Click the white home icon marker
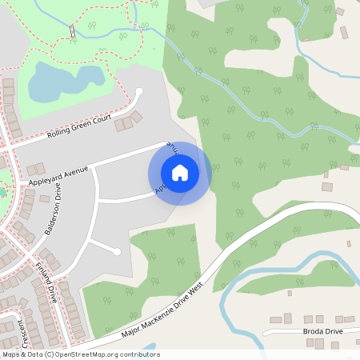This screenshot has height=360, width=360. pyautogui.click(x=179, y=173)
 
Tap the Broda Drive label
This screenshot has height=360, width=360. pyautogui.click(x=322, y=330)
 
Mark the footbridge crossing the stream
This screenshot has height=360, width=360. pyautogui.click(x=71, y=31)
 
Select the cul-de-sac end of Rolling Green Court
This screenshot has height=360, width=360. pyautogui.click(x=139, y=91)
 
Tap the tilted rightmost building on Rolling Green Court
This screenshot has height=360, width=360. pyautogui.click(x=136, y=118)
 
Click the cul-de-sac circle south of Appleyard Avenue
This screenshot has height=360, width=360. pyautogui.click(x=117, y=252)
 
